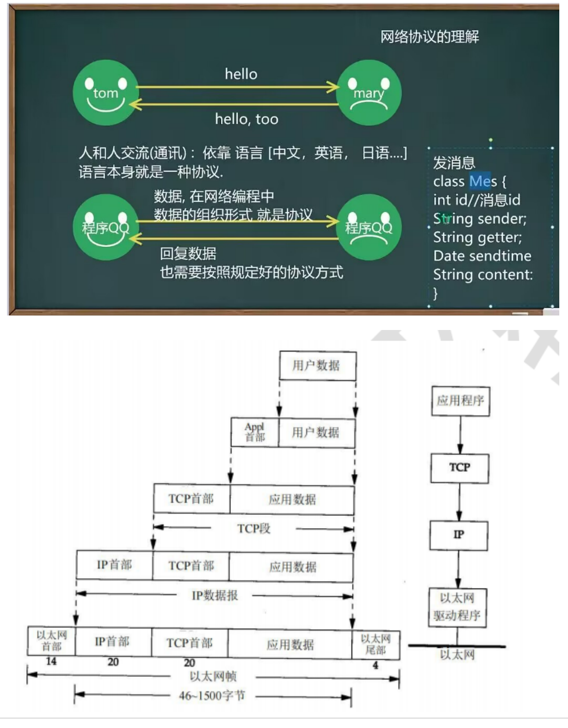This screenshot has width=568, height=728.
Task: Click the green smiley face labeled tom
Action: [x=106, y=93]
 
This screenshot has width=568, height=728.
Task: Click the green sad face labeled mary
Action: [x=369, y=93]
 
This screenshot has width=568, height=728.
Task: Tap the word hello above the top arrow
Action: [x=241, y=74]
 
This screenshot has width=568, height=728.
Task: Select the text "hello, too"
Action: [x=247, y=119]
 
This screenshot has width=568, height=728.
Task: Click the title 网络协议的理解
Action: [x=429, y=37]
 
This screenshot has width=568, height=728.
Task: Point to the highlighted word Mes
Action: [x=483, y=181]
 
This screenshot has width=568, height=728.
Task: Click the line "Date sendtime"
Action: [x=482, y=256]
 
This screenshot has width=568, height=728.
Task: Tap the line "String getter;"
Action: [x=477, y=238]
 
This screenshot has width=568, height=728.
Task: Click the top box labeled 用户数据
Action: [x=317, y=365]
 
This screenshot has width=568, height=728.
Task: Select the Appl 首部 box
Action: [x=255, y=432]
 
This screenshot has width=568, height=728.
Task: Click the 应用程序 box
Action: [x=460, y=401]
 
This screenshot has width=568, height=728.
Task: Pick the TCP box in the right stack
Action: [x=460, y=467]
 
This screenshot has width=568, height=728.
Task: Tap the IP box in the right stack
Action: [x=458, y=535]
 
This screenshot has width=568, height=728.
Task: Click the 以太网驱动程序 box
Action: [x=457, y=607]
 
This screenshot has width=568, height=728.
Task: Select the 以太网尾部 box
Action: [x=375, y=644]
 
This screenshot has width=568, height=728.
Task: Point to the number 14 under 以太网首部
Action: [x=51, y=661]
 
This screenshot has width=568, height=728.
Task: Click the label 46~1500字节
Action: [x=212, y=695]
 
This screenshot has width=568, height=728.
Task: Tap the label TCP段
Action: [x=254, y=529]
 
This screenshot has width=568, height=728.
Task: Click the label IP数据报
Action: [x=215, y=596]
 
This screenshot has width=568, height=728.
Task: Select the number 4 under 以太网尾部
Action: [x=375, y=665]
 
